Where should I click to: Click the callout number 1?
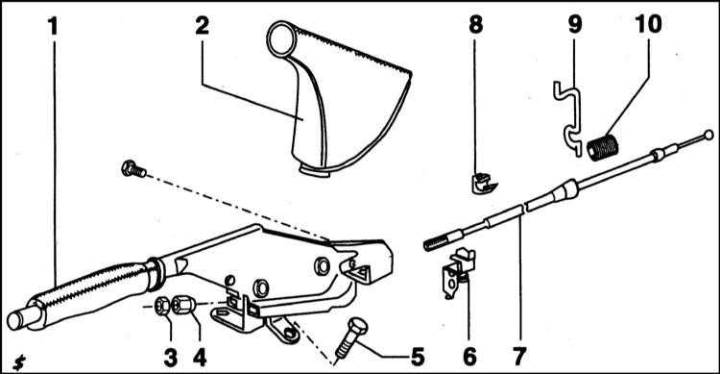click(x=54, y=27)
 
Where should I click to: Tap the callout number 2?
click(x=202, y=26)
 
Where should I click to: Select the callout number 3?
click(x=170, y=358)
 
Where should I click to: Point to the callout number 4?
click(x=200, y=358)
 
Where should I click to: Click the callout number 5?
click(x=417, y=358)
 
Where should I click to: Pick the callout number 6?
click(x=469, y=358)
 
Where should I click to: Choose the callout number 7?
click(x=519, y=358)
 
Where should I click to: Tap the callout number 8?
click(x=476, y=24)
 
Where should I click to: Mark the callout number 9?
click(x=575, y=24)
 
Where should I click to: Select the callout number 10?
click(x=648, y=24)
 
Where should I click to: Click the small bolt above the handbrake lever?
click(x=133, y=169)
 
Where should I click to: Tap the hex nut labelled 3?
click(x=161, y=306)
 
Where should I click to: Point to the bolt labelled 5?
click(x=352, y=339)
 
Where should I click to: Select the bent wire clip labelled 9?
click(x=568, y=118)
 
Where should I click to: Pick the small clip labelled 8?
click(x=484, y=183)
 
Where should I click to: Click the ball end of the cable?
click(x=708, y=135)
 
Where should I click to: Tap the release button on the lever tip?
click(x=17, y=320)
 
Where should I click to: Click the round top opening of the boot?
click(x=281, y=39)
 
